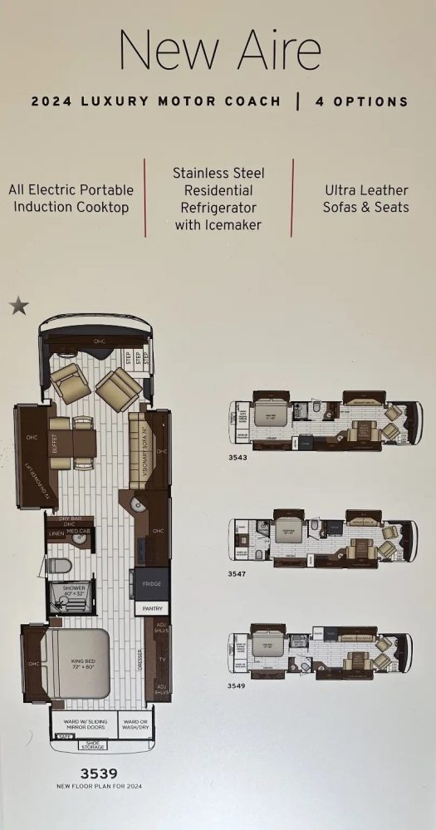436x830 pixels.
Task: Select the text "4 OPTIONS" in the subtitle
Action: point(362,102)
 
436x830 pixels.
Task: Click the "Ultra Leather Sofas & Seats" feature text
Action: point(365,199)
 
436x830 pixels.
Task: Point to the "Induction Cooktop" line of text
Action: point(71,208)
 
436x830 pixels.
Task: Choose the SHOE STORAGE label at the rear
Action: point(93,745)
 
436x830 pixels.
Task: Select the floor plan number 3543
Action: point(238,457)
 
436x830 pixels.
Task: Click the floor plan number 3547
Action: point(238,573)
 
